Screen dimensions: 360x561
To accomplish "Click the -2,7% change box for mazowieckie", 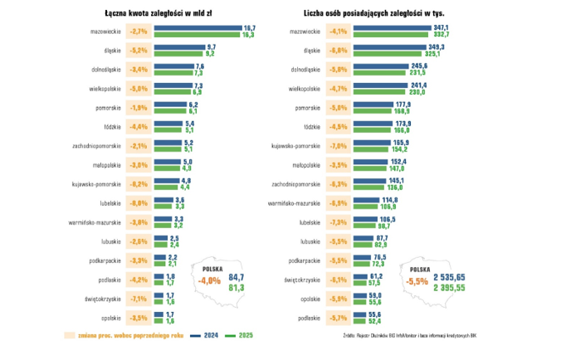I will tap(139, 32).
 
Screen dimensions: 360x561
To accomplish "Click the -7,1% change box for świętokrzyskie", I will tap(139, 299).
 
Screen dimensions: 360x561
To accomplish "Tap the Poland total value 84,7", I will tap(237, 276).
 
